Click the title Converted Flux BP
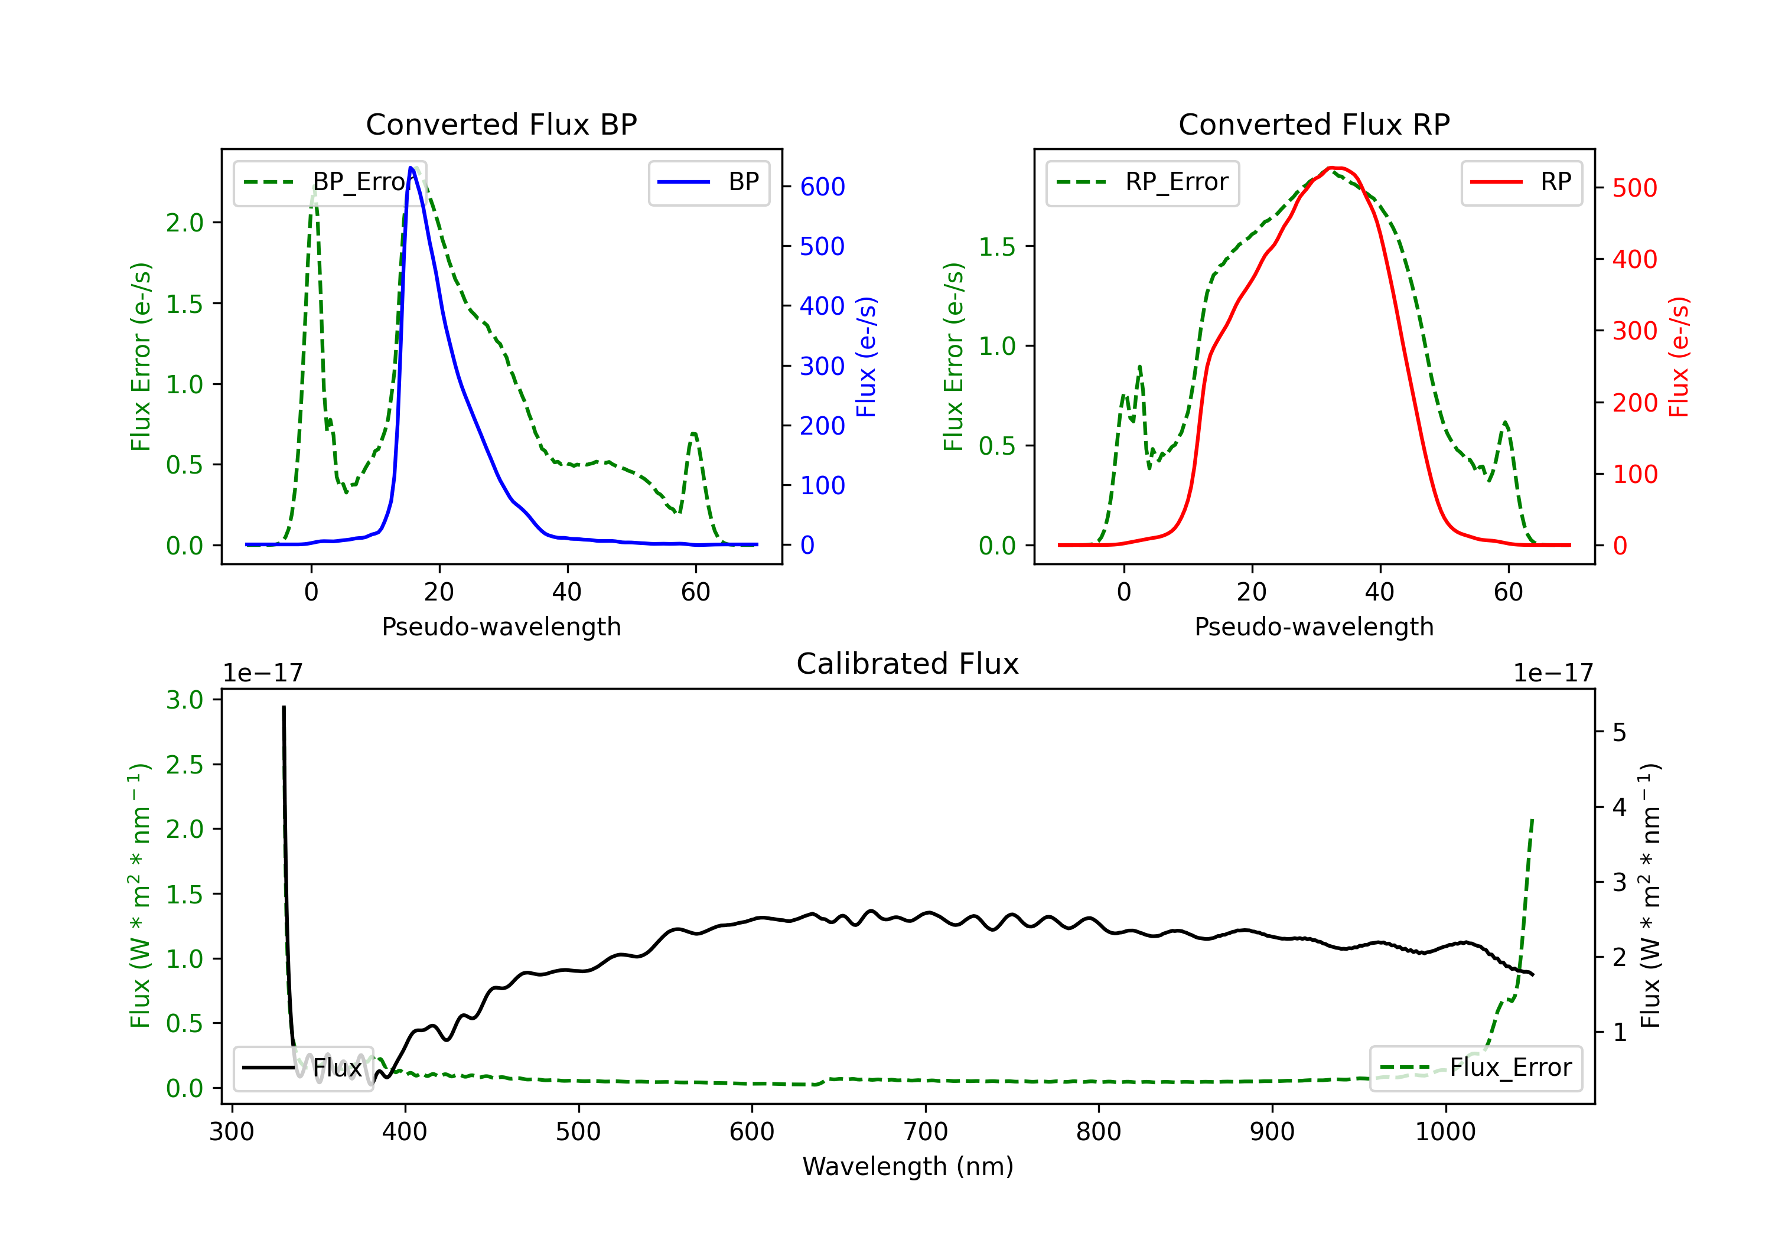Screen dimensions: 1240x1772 (x=501, y=124)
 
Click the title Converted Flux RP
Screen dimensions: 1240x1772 (x=1314, y=124)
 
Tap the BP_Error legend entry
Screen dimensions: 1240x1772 (x=330, y=183)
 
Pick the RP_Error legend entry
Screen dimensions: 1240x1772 (x=1142, y=183)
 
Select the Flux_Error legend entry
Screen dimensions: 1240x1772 (x=1475, y=1068)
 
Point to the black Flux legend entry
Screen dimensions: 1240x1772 (x=304, y=1068)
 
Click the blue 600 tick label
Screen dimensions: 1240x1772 (x=822, y=187)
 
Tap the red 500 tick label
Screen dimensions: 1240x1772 (x=1634, y=188)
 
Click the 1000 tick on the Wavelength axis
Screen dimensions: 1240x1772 (x=1445, y=1132)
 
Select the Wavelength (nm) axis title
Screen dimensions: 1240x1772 (x=908, y=1166)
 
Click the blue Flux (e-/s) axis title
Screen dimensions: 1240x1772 (x=866, y=357)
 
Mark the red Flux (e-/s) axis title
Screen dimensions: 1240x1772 (x=1679, y=357)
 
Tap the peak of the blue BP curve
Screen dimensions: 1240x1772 (x=411, y=168)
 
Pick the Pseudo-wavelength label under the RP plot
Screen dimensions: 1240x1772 (x=1314, y=626)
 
